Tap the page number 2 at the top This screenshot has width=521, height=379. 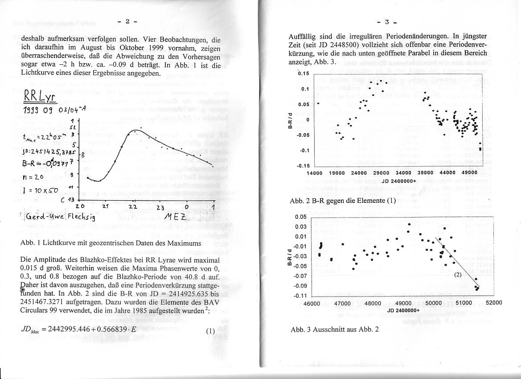tap(127, 21)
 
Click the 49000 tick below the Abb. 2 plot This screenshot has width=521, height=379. tap(468, 173)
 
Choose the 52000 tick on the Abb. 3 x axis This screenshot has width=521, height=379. tap(494, 302)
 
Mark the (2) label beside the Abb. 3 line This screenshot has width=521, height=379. tap(459, 274)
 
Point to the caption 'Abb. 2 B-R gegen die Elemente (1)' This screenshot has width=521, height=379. tap(343, 201)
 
